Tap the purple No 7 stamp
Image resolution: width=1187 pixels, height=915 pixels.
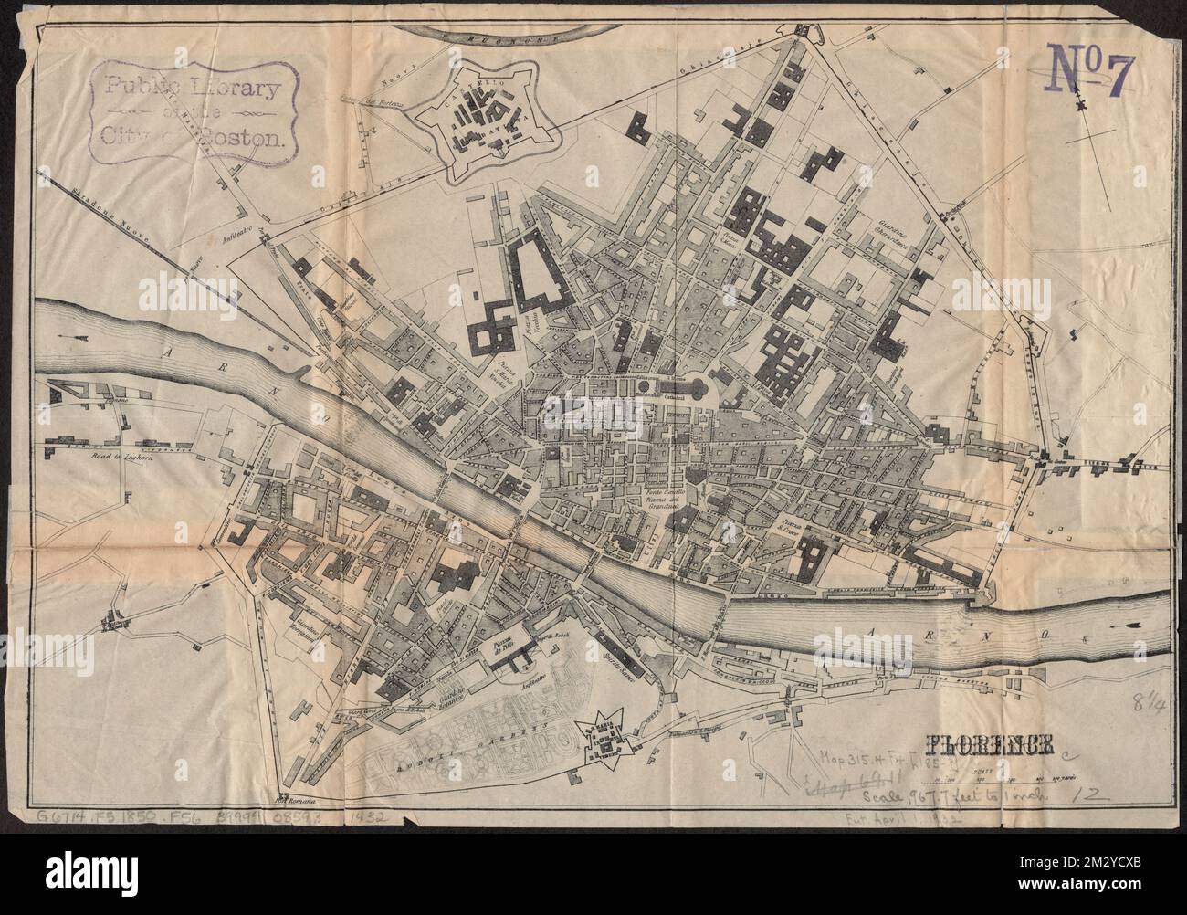point(1090,80)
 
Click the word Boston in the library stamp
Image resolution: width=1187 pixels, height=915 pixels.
point(250,139)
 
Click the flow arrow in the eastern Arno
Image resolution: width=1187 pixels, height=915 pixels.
point(1126,626)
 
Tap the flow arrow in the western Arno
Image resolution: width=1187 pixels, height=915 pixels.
point(67,338)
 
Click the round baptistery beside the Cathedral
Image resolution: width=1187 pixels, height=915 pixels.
point(646,387)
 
